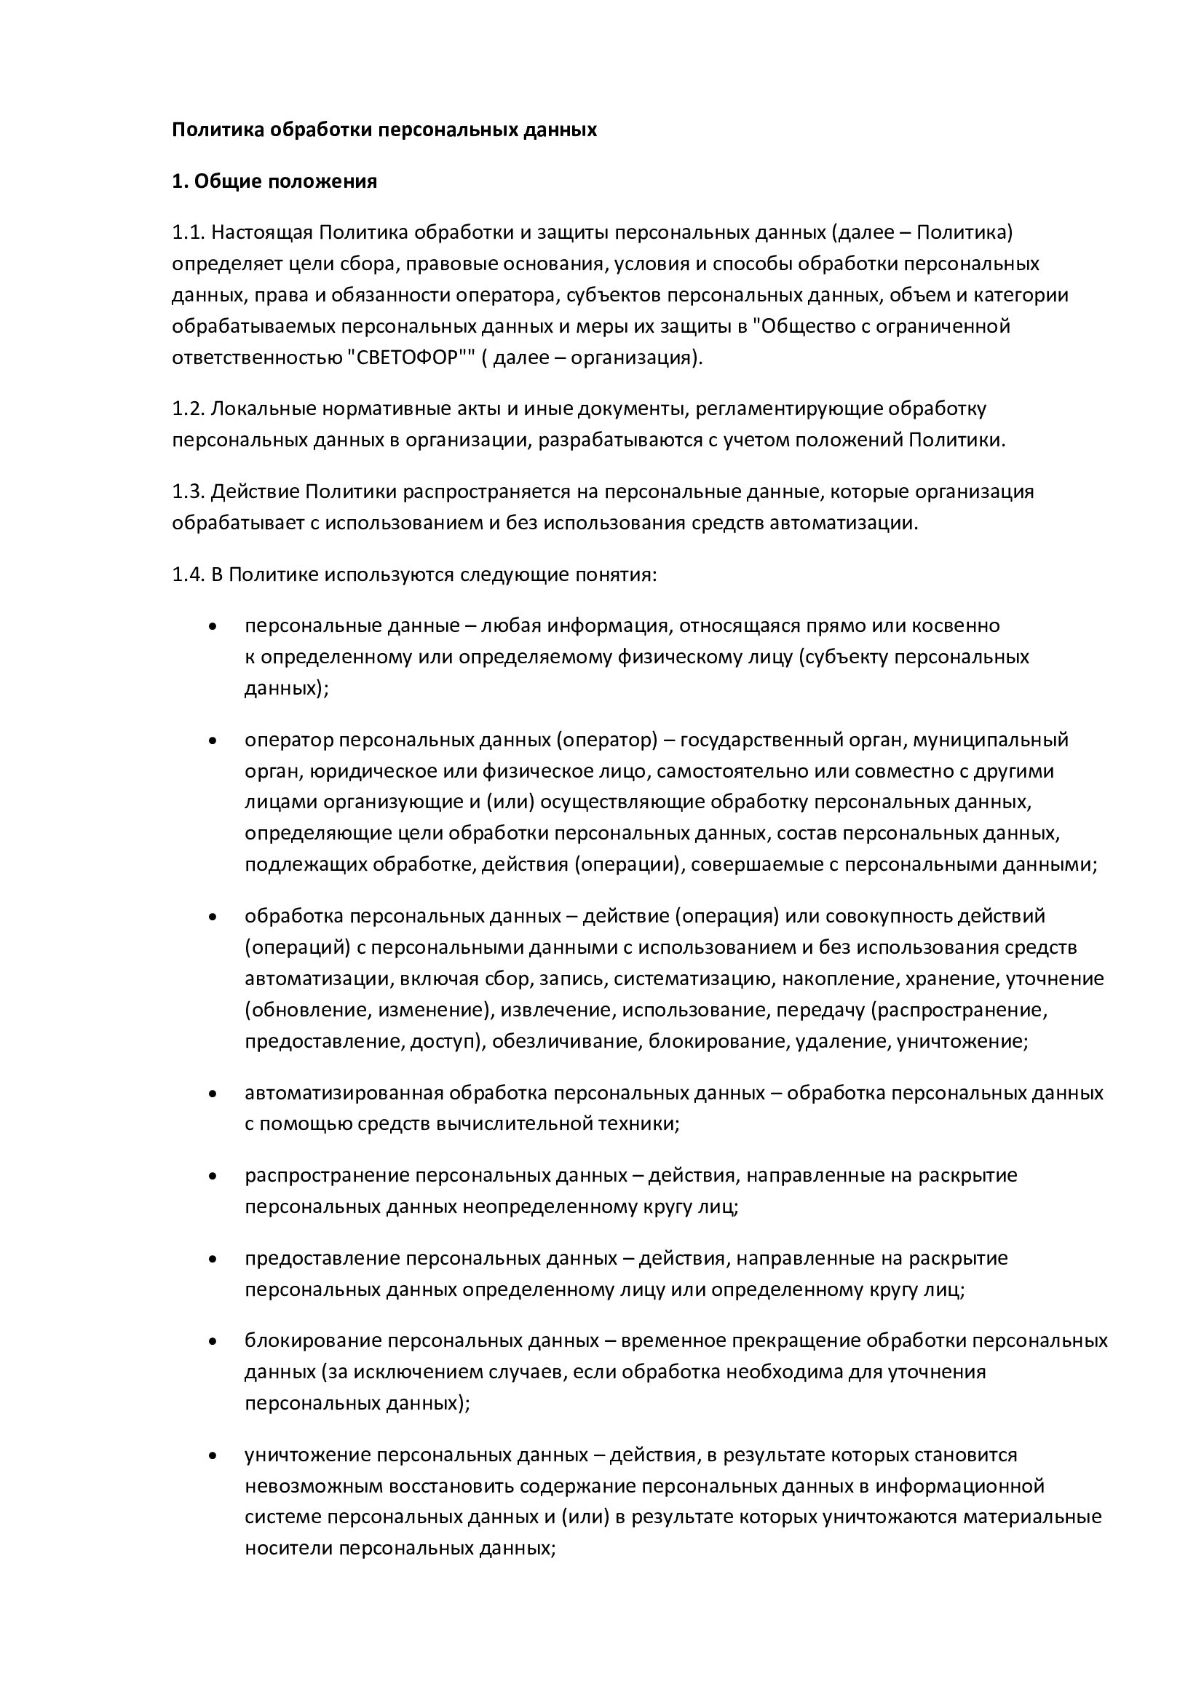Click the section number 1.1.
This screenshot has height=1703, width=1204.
[x=188, y=232]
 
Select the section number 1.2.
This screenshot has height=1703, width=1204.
[x=188, y=408]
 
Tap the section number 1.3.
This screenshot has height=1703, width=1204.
[x=188, y=491]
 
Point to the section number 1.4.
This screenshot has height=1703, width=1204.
[x=188, y=575]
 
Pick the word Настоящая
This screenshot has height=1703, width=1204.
[x=262, y=232]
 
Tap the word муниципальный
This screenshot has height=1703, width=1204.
[x=991, y=740]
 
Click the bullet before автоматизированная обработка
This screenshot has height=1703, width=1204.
[x=213, y=1094]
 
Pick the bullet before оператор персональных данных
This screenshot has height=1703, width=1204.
[x=213, y=740]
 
